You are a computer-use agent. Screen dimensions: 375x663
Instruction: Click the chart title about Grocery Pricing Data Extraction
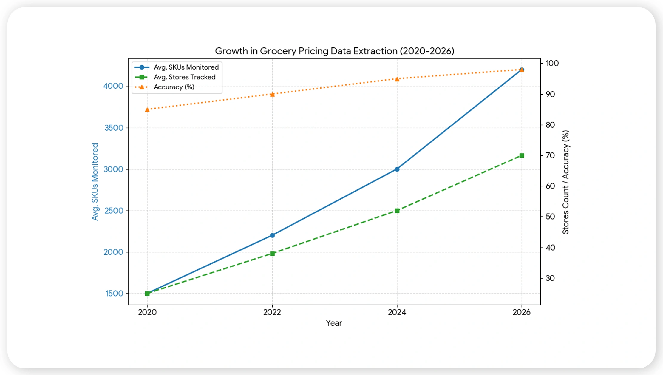tap(334, 51)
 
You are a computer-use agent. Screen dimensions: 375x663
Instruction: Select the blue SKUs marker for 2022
tap(272, 235)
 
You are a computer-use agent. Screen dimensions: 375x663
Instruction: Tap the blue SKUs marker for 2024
tap(397, 169)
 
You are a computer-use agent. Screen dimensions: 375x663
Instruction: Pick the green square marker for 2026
tap(522, 155)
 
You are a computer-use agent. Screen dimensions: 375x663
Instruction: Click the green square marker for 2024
tap(397, 211)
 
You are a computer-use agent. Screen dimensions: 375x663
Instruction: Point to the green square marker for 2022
tap(272, 254)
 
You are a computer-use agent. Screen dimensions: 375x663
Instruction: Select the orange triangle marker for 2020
tap(147, 110)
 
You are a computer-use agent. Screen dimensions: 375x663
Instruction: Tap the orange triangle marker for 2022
tap(272, 94)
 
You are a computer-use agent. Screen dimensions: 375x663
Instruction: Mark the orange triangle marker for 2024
tap(397, 79)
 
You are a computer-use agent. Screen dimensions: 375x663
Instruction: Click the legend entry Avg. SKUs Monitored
tap(186, 67)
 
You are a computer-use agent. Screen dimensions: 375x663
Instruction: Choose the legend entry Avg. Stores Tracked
tap(184, 77)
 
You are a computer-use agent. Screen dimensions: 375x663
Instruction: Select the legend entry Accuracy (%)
tap(174, 87)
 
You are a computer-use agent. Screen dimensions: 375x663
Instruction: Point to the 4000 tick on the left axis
tap(113, 86)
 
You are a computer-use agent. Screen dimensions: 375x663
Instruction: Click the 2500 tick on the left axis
tap(114, 211)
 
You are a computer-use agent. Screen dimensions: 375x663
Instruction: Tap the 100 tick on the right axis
tap(552, 63)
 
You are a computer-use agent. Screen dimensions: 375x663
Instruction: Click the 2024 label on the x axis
tap(397, 312)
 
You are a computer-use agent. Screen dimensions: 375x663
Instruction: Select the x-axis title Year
tap(334, 323)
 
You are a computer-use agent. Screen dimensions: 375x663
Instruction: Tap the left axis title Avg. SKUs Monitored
tap(95, 182)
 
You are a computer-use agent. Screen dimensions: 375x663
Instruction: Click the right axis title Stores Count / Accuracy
tap(565, 182)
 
